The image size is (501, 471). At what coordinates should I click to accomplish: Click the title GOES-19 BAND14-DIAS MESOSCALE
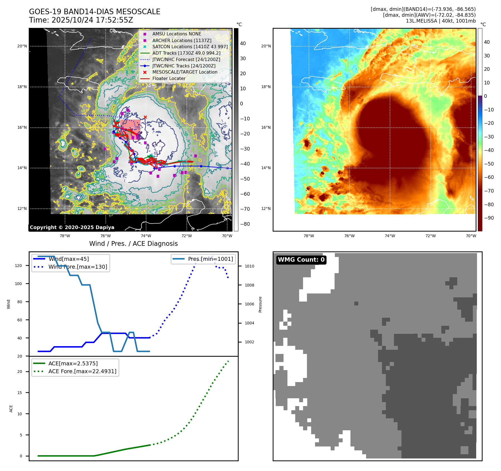coord(95,12)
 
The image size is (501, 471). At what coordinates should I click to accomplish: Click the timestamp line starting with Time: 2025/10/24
coord(81,20)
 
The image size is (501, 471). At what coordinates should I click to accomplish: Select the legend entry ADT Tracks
coord(186,53)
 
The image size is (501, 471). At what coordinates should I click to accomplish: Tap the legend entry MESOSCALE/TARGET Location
coord(185,72)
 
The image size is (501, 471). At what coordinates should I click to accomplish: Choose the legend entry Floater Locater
coord(169,78)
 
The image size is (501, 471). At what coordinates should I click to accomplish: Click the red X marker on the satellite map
coord(145,117)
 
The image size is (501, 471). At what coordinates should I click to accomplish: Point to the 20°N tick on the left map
coord(22,46)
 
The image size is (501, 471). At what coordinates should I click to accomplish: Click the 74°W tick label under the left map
coord(146,236)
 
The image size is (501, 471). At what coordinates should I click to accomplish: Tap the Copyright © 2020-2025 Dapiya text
coord(72,227)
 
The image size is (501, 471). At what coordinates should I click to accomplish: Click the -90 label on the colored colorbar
coord(489,218)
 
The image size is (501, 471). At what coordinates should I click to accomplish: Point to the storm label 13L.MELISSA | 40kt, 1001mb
coord(441,21)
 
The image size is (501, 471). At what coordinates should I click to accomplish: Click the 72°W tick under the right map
coord(430,236)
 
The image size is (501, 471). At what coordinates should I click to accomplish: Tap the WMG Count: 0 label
coord(301,260)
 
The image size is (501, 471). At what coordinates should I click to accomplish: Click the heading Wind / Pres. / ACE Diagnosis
coord(133,244)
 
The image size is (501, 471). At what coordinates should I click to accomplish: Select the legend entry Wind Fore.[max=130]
coord(78,267)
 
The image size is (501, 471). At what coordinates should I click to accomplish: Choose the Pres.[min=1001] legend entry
coord(210,259)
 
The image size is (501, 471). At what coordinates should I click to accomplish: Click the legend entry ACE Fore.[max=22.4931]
coord(82,371)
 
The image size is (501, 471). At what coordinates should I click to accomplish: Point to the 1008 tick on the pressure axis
coord(249,285)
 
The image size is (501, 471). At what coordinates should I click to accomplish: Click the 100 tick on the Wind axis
coord(18,284)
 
